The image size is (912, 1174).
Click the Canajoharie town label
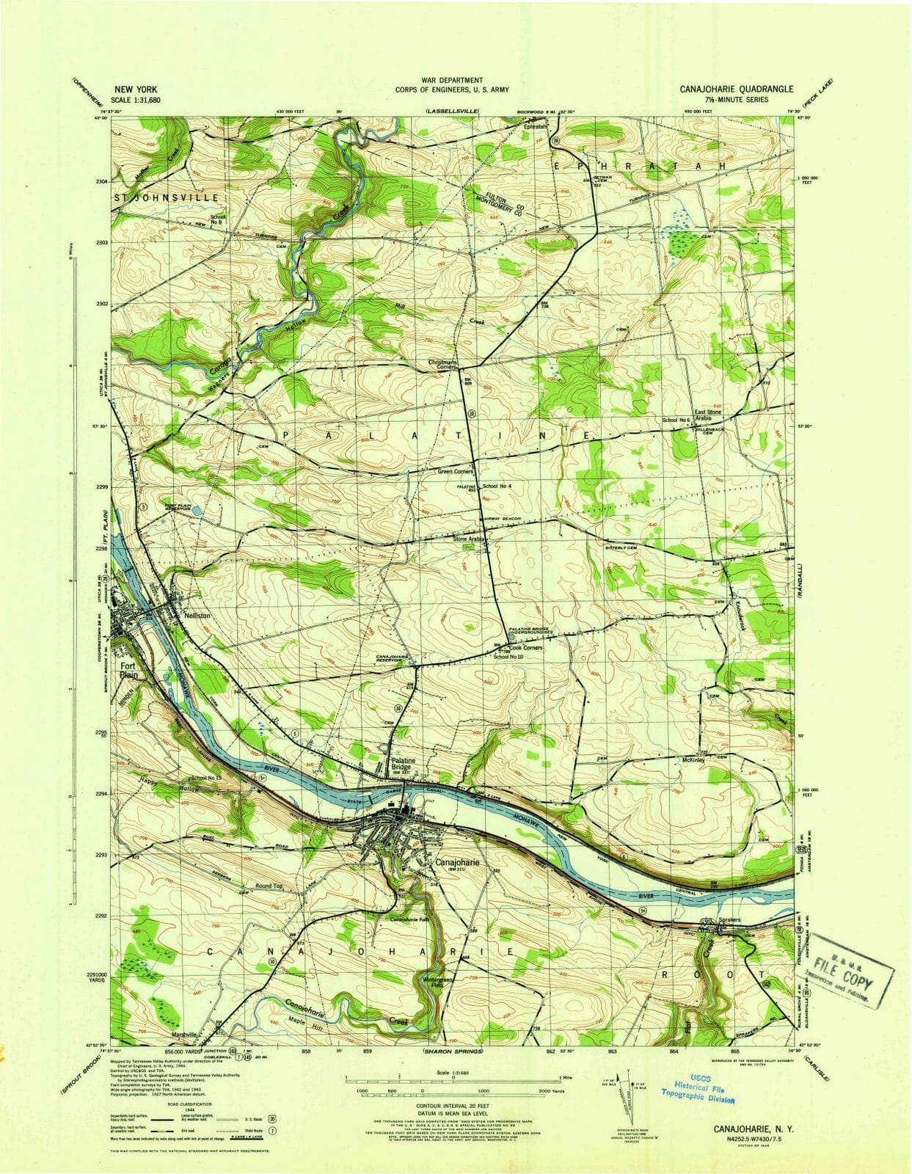pos(457,863)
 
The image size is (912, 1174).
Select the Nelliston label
pos(198,616)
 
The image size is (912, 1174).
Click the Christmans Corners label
pos(445,364)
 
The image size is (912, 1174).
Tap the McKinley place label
pos(693,760)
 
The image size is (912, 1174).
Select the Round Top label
pos(269,886)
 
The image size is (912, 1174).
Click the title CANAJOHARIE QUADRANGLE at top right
pos(736,89)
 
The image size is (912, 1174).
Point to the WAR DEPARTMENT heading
pos(452,80)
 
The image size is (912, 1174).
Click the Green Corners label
pos(456,472)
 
